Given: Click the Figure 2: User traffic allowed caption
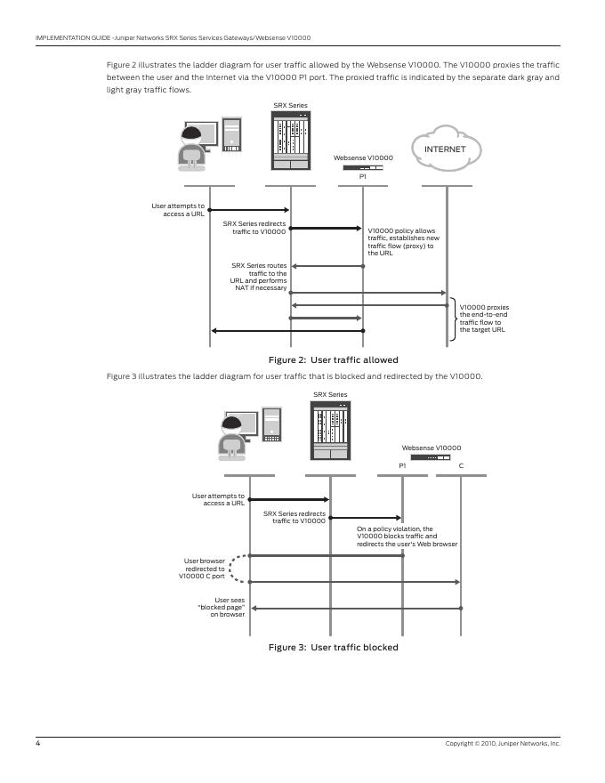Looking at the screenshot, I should [333, 359].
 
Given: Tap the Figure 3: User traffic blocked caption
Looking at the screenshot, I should [333, 647].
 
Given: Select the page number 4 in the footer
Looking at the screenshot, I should [37, 743].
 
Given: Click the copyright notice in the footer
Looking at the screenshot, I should [503, 743].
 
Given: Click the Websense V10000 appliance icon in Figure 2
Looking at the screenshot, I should [363, 167].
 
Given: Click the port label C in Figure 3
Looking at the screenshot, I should [461, 465].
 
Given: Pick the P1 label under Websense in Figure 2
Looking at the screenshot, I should [363, 177].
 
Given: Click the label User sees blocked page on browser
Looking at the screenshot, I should [222, 607].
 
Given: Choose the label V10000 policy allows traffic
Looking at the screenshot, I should [403, 241].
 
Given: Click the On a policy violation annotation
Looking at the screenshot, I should [407, 536].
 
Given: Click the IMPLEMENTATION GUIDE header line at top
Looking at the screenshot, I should [173, 37].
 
